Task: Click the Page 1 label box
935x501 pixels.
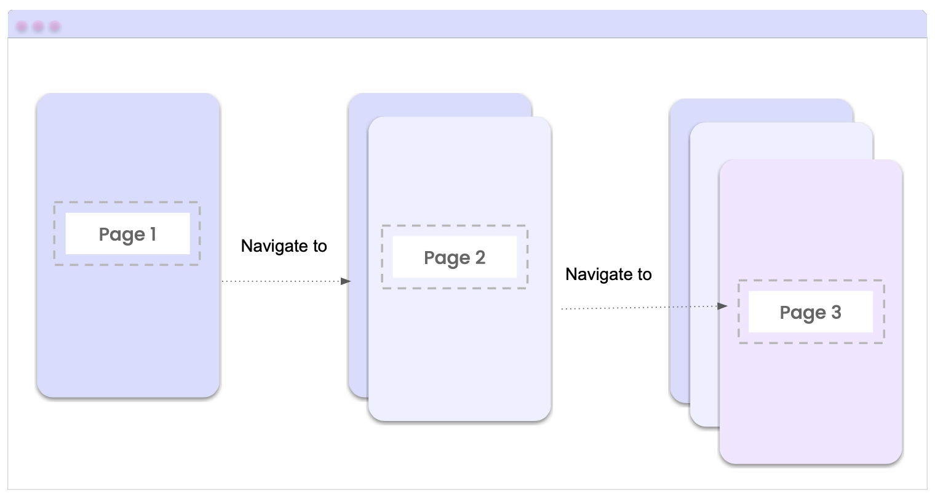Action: (x=127, y=234)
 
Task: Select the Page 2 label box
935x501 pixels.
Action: (x=455, y=257)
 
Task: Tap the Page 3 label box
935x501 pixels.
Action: (x=810, y=312)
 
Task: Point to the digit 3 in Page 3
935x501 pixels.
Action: (x=836, y=312)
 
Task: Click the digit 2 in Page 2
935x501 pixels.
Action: (x=480, y=257)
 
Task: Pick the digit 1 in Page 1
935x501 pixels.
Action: (x=153, y=234)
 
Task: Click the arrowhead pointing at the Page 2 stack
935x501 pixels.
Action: (x=346, y=281)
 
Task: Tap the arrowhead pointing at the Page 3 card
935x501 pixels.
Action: (x=723, y=306)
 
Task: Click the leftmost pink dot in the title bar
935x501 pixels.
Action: (x=22, y=26)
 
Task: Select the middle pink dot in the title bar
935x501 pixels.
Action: (x=38, y=26)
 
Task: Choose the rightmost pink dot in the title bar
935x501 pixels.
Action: (x=55, y=26)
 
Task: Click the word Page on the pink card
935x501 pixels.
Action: (x=802, y=313)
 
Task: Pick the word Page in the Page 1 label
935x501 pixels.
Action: (x=121, y=234)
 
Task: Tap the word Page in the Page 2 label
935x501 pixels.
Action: (x=447, y=258)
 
